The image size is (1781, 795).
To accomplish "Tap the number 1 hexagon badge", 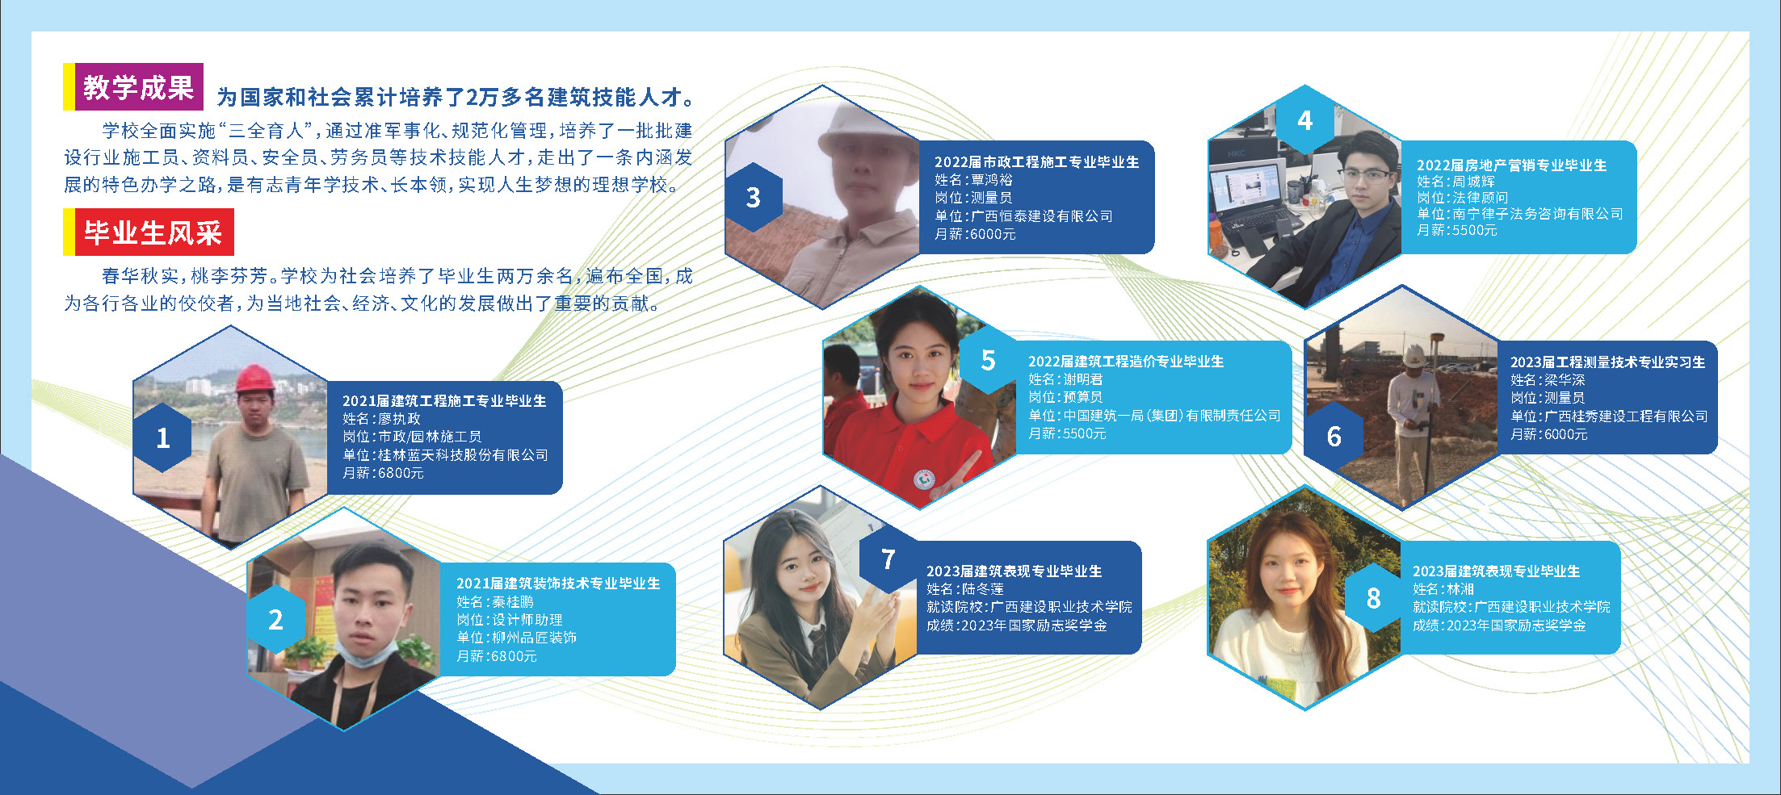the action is [x=162, y=437].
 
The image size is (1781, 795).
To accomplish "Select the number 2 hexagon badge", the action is [x=275, y=620].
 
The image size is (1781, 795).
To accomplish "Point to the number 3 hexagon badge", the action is [x=753, y=198].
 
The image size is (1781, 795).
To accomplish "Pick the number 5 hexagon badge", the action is [x=988, y=361].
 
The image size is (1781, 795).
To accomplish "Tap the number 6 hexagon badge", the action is [x=1334, y=437].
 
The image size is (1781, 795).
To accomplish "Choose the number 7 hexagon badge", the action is [x=888, y=559].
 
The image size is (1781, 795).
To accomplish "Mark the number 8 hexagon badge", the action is [x=1373, y=598].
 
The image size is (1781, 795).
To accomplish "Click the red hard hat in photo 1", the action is [x=254, y=379].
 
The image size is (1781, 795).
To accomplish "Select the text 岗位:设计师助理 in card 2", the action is [x=510, y=620].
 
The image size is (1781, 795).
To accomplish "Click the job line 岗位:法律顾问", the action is [x=1462, y=198].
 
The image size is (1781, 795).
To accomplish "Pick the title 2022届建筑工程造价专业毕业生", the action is [x=1126, y=362].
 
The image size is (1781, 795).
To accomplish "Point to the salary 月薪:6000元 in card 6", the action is [x=1549, y=434].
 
